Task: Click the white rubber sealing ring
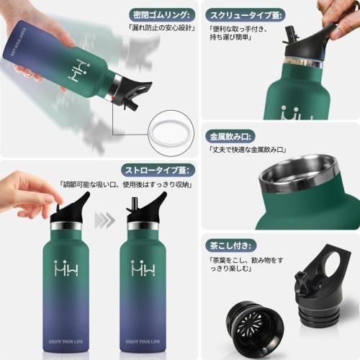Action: (x=170, y=132)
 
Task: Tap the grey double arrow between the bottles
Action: (x=105, y=220)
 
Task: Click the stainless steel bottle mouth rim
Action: (x=299, y=179)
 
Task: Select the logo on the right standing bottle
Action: (x=143, y=268)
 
